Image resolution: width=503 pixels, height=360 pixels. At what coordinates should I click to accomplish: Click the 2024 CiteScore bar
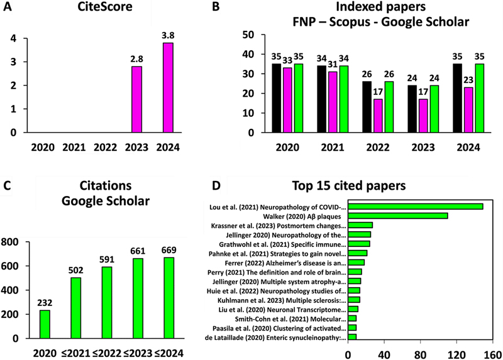pyautogui.click(x=168, y=88)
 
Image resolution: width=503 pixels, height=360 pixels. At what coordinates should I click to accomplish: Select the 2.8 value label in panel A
pyautogui.click(x=137, y=58)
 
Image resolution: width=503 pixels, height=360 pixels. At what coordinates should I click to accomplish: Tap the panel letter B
pyautogui.click(x=216, y=8)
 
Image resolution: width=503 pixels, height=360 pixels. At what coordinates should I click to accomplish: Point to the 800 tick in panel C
pyautogui.click(x=14, y=242)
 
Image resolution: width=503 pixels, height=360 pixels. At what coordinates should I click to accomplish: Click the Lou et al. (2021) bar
pyautogui.click(x=416, y=206)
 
